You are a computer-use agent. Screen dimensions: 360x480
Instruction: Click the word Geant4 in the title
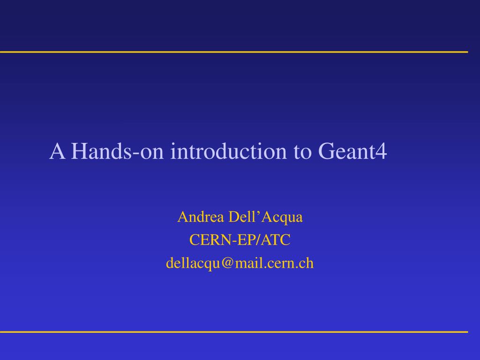(x=352, y=151)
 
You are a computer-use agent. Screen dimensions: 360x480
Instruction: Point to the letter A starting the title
(x=57, y=151)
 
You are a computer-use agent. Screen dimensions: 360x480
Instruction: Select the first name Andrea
(x=201, y=217)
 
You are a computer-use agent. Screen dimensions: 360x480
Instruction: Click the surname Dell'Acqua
(x=265, y=217)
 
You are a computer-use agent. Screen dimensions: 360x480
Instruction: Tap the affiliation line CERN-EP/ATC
(x=240, y=240)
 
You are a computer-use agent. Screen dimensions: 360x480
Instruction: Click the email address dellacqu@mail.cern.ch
(x=240, y=263)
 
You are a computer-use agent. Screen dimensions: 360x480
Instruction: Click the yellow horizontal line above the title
(x=234, y=52)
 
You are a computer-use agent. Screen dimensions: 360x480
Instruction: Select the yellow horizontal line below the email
(x=234, y=332)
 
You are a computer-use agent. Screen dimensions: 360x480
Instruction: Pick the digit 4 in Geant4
(x=382, y=151)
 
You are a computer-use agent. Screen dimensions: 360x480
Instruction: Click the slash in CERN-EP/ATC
(x=259, y=240)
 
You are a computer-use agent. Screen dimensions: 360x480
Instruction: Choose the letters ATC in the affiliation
(x=276, y=240)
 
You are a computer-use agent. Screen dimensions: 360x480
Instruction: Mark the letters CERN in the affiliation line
(x=205, y=240)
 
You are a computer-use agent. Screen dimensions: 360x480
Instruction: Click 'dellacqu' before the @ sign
(x=193, y=263)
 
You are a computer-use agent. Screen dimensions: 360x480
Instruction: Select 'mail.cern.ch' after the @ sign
(x=274, y=263)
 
